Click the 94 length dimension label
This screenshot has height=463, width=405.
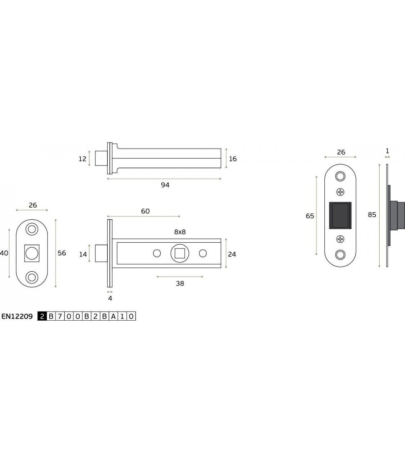coord(165,185)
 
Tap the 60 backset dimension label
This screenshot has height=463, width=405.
coord(145,211)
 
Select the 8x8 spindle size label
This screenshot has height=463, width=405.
coord(180,232)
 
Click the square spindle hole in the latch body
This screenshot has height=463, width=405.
coord(180,253)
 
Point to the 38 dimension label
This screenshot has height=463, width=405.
coord(180,283)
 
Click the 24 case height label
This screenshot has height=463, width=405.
coord(232,254)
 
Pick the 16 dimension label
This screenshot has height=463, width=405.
coord(233,159)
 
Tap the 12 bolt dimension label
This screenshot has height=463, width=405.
coord(82,159)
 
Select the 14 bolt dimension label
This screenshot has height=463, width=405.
coord(83,254)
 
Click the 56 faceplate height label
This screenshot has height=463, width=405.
coord(62,253)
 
